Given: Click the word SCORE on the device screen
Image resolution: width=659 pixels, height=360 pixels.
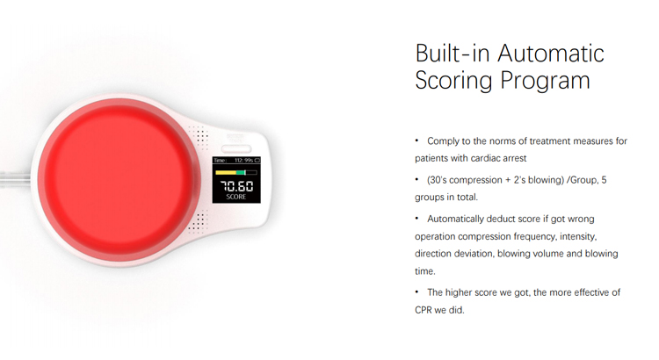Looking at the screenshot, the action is pos(235,197).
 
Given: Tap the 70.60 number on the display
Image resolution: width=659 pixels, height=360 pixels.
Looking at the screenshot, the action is pos(236,185).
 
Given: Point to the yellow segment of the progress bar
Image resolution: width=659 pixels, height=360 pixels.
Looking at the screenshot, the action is pos(226,173).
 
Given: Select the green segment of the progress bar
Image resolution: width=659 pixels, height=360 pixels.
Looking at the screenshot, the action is pos(241,173).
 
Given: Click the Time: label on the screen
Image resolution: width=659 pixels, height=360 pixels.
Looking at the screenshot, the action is pos(220,160).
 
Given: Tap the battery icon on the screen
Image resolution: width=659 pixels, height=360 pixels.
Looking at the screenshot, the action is pos(257,160).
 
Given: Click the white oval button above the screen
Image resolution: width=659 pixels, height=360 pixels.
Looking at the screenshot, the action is pos(236,148).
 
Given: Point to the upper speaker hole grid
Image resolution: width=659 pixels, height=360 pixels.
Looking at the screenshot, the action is pos(199,136).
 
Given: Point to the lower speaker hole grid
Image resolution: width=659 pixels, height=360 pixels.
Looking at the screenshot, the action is pos(198,221).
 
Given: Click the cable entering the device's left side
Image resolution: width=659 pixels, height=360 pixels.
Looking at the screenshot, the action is pos(15,179).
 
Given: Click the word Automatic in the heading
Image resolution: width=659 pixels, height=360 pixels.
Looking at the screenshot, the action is pos(551,54).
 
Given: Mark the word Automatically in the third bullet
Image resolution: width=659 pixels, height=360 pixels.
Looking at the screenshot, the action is pos(455,220).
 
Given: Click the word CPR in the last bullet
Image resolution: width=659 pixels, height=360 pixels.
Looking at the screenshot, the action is pos(424,310).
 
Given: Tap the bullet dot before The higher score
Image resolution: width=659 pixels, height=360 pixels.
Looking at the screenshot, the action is pos(416,292).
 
